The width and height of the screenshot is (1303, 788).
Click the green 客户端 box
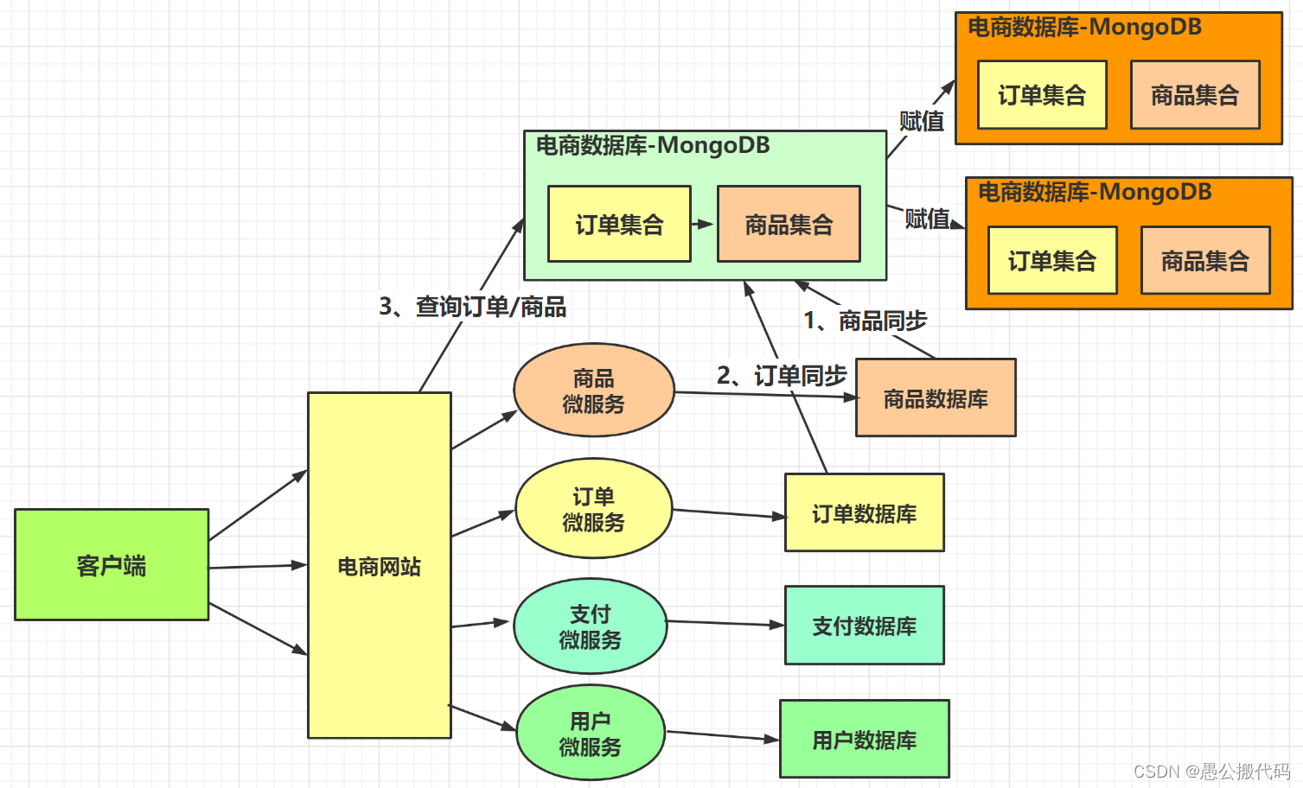[x=112, y=564]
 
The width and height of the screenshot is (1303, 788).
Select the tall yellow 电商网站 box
[x=379, y=565]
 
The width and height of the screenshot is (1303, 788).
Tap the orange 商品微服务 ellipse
[x=593, y=391]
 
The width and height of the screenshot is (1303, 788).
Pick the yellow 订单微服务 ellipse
[x=593, y=509]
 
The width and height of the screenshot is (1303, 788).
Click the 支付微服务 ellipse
[x=590, y=626]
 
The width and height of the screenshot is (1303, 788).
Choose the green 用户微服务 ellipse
[x=590, y=734]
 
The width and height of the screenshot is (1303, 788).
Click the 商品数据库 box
[x=936, y=398]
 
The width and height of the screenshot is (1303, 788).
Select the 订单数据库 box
[x=864, y=513]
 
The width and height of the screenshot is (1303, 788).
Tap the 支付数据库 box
[x=864, y=626]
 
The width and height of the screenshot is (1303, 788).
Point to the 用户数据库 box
[x=864, y=740]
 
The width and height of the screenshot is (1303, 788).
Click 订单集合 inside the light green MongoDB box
[x=619, y=225]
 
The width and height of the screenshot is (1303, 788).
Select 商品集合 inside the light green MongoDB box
[x=789, y=225]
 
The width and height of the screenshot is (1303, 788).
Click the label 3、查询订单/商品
[x=472, y=307]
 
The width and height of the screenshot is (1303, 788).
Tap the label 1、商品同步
[x=865, y=321]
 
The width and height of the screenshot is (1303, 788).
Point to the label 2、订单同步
[x=781, y=375]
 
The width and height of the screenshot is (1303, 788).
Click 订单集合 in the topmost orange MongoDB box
[x=1042, y=95]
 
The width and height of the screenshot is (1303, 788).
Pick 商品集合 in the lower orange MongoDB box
[x=1205, y=261]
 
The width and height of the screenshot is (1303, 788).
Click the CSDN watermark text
[x=1210, y=771]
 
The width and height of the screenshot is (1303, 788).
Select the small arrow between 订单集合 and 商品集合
[x=704, y=225]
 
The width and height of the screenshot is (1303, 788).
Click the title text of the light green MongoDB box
[x=653, y=145]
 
